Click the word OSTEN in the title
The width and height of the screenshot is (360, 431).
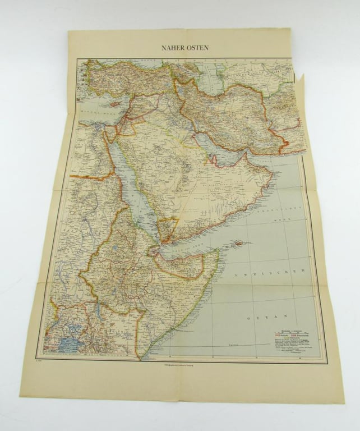(196, 48)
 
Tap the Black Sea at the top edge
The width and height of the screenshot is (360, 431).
(129, 61)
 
